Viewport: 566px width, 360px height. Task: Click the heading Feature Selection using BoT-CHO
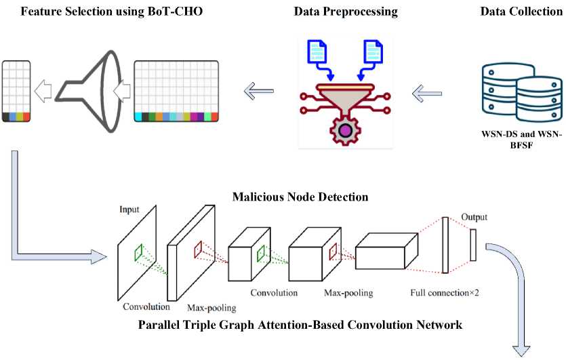112,12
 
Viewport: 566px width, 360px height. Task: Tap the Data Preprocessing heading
346,12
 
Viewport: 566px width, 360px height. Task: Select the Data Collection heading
521,12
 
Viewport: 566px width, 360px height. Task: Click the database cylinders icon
522,92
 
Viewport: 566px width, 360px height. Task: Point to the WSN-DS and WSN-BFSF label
521,140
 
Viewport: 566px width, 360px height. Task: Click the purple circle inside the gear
346,130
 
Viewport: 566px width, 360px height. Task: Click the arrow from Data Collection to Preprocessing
426,94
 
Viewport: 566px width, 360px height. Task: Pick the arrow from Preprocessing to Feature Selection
258,91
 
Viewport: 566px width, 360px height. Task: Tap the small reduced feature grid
16,91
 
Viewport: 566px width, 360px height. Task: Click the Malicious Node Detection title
300,197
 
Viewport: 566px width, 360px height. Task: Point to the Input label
129,209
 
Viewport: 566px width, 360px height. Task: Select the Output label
474,217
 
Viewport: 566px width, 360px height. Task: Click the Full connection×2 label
445,292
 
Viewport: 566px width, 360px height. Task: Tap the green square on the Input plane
138,252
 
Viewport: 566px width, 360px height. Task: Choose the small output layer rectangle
473,245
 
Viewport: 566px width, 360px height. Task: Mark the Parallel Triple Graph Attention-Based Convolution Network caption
300,325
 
